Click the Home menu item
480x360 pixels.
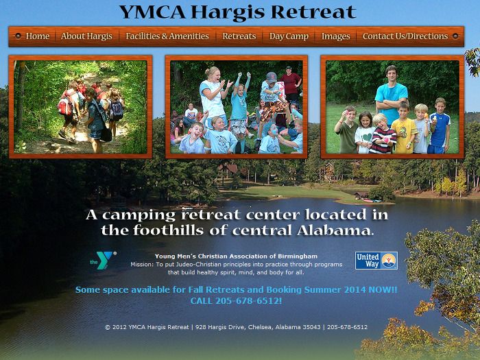37,36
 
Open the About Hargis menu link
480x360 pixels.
86,36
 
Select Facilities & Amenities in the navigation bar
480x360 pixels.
167,36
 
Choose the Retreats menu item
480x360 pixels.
239,36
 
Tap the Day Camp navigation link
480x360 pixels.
289,36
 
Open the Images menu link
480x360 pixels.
335,36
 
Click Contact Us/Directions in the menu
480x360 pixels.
405,36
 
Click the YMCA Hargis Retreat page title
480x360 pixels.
237,12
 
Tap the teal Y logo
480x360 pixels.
104,260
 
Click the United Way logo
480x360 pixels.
376,261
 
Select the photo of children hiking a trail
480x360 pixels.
80,107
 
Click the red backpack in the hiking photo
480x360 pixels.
65,106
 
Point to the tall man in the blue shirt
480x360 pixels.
391,95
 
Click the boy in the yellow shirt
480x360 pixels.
405,128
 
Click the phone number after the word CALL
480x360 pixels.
248,300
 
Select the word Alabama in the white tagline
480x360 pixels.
333,230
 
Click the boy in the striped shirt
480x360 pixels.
383,134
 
